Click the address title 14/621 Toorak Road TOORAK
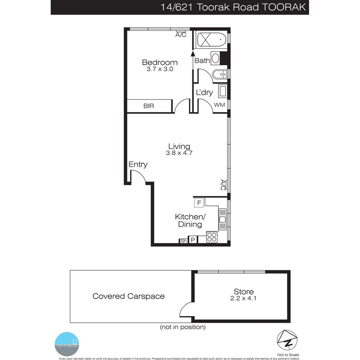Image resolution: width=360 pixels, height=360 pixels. click(x=233, y=7)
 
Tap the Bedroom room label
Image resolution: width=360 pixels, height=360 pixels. click(x=160, y=62)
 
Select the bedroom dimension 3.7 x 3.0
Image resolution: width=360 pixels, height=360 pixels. click(x=160, y=70)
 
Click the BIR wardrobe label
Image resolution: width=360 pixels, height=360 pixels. click(x=149, y=106)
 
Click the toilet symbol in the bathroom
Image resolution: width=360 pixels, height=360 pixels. click(x=215, y=59)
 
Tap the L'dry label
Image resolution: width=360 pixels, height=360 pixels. click(x=204, y=93)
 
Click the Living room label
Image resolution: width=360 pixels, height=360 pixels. click(x=179, y=146)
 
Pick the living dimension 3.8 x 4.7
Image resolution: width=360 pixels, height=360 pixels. click(x=179, y=153)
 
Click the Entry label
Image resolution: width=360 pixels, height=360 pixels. click(x=138, y=165)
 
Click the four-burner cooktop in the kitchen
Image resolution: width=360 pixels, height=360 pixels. click(x=212, y=237)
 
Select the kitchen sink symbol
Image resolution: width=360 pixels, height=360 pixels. click(x=222, y=219)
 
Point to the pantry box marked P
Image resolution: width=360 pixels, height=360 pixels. click(x=192, y=240)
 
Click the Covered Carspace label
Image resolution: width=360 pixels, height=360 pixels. click(x=128, y=296)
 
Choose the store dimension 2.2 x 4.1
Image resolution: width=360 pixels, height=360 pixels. click(x=243, y=299)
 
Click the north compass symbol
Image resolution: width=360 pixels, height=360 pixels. click(x=287, y=340)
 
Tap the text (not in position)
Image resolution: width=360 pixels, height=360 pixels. click(x=182, y=327)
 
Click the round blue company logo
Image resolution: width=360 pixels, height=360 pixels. click(x=67, y=340)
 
